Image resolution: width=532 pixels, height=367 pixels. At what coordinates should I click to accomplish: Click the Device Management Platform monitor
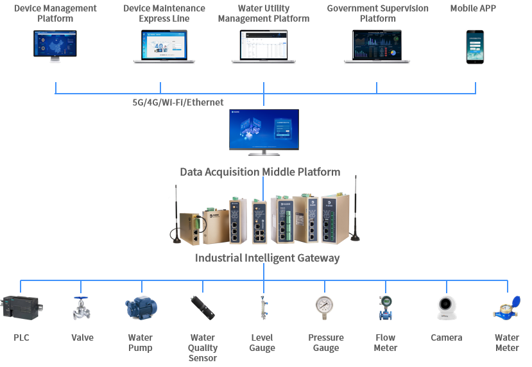(x=55, y=46)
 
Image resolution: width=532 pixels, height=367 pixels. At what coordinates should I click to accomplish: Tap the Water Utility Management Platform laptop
(x=264, y=46)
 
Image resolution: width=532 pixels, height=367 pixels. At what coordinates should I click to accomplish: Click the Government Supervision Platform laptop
(x=377, y=46)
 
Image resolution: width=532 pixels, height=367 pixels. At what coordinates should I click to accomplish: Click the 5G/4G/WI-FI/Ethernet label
(x=174, y=102)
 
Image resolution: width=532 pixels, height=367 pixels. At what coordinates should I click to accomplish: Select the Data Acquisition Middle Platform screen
(x=264, y=130)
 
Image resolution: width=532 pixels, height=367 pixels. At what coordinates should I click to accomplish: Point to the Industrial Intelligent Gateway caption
(x=267, y=258)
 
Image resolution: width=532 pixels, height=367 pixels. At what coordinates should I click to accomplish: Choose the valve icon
(x=82, y=308)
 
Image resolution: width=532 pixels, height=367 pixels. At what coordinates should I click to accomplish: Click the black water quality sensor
(x=203, y=308)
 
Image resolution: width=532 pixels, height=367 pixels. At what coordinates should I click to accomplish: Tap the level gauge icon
(x=262, y=308)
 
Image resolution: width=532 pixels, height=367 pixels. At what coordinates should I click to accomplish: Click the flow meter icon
(x=385, y=307)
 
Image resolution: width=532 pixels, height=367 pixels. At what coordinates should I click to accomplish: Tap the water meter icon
(x=506, y=308)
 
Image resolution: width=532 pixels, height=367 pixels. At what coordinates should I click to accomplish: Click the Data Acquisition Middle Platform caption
(x=260, y=172)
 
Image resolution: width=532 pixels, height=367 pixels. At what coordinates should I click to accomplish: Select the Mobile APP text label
(x=473, y=8)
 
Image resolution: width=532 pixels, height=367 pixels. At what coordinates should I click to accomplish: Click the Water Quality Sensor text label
(x=203, y=348)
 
